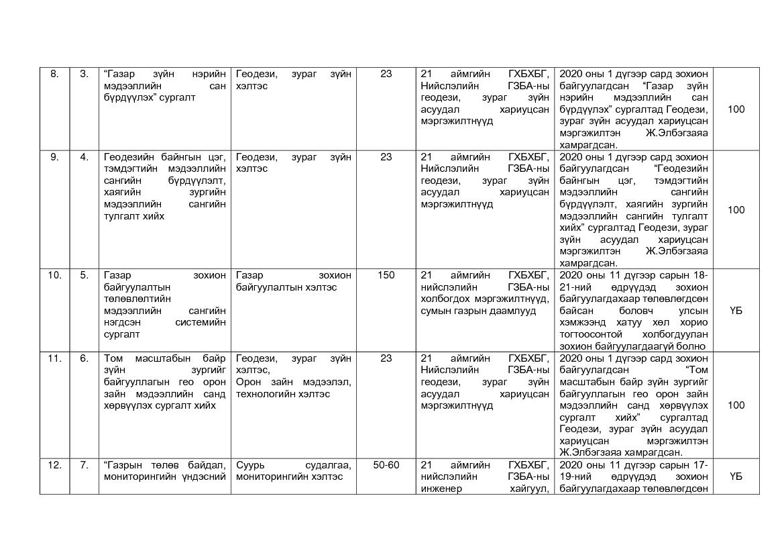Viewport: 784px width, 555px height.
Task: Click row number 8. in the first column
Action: [x=54, y=74]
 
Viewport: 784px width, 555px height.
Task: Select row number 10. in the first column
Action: [x=54, y=275]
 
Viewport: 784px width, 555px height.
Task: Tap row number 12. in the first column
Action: [x=54, y=464]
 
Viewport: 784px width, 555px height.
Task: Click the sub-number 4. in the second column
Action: [x=84, y=157]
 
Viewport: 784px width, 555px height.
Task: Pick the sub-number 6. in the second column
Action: [x=84, y=358]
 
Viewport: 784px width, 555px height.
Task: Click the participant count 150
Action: [x=386, y=275]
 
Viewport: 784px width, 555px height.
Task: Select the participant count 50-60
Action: [x=386, y=464]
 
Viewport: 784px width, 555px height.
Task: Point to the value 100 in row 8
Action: [x=736, y=109]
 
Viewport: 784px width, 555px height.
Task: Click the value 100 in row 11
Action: [x=736, y=405]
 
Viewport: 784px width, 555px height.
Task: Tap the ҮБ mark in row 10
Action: [x=736, y=311]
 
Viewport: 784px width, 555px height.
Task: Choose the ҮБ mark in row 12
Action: [x=736, y=476]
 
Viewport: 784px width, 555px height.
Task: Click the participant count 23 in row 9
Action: [x=386, y=157]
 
